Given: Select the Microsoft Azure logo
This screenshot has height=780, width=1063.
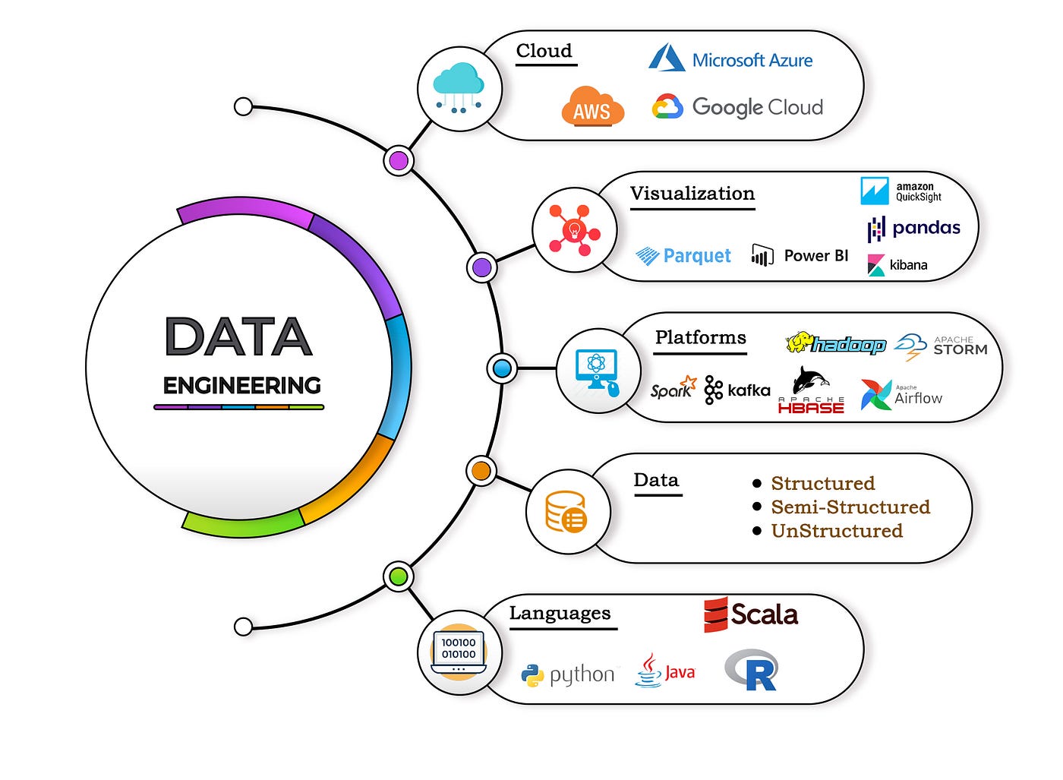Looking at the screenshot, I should coord(730,58).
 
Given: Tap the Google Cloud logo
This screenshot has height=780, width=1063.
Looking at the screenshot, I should coord(737,107).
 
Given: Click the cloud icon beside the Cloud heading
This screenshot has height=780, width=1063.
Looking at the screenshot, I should coord(459,88).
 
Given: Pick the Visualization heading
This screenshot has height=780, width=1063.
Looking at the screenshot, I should coord(692,194).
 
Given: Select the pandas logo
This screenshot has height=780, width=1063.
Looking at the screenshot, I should coord(913,228).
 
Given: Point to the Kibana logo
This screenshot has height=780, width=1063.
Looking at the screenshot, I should coord(897,265).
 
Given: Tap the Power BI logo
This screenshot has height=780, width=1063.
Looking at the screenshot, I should coord(800,255).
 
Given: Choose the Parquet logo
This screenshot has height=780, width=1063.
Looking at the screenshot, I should coord(683,256).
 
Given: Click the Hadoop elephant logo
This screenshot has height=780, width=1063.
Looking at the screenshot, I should coord(835,344).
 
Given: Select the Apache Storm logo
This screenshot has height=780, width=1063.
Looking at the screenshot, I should coord(941,346).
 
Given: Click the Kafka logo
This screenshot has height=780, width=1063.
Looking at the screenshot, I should coord(737,390).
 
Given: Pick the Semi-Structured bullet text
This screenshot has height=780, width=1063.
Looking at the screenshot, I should coord(850,507).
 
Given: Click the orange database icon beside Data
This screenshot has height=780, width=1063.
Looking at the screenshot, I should coord(566,511).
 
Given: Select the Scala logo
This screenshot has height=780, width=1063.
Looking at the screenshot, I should coord(750,614).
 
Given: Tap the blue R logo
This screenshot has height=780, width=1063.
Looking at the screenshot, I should coord(752,670).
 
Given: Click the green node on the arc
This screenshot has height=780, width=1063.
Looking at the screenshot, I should coord(398,577).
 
